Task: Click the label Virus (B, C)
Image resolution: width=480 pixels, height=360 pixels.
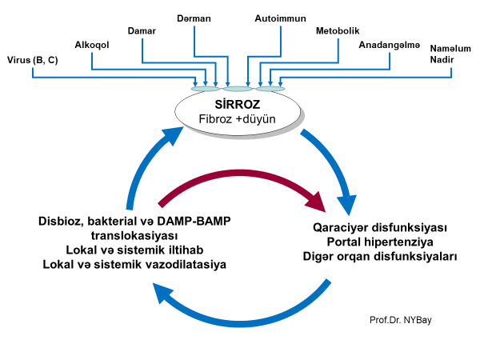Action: [33, 59]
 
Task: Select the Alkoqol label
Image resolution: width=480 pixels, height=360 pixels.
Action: [92, 45]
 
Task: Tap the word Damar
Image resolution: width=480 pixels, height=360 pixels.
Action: [142, 30]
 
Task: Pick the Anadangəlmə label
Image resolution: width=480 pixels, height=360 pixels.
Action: [390, 45]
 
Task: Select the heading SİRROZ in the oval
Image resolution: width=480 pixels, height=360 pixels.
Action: [238, 104]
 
